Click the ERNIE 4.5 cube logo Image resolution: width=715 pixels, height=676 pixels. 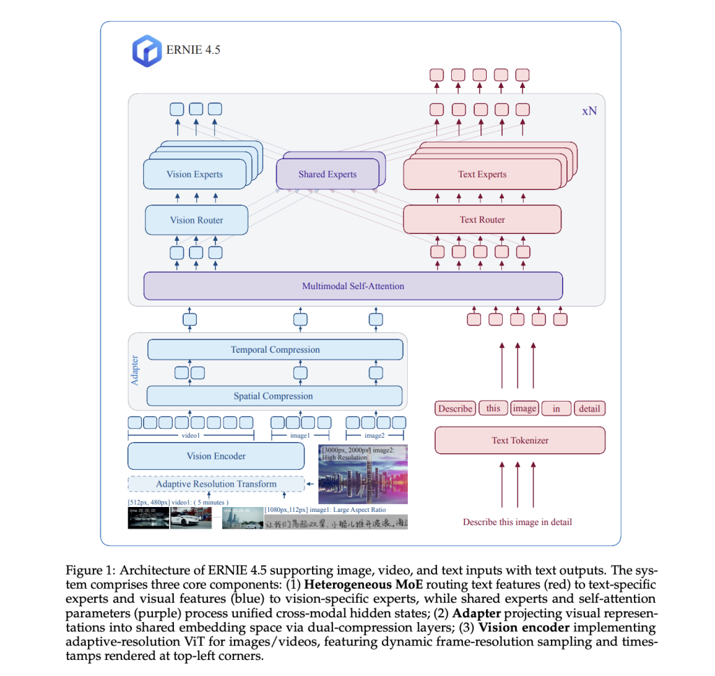pos(147,52)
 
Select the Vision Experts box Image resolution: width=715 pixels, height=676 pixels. pos(195,175)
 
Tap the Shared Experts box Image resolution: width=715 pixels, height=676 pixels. pos(327,175)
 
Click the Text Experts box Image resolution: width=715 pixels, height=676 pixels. pos(482,175)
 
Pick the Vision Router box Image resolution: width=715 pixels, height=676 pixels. pos(196,220)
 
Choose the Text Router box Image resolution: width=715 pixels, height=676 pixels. pos(482,220)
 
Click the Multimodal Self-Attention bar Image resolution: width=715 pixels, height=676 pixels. pos(353,286)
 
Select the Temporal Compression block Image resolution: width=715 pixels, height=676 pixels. pos(275,350)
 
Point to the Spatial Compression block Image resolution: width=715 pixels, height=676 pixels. pos(273,396)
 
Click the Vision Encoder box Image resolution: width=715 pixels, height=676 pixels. pos(216,456)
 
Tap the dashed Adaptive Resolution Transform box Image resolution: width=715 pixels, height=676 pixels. pos(216,484)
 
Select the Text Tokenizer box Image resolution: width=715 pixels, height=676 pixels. pos(519,441)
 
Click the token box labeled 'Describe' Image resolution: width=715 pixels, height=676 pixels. pos(455,409)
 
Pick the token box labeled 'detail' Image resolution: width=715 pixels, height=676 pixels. pos(589,409)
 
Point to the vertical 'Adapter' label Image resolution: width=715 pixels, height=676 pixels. pos(135,370)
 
